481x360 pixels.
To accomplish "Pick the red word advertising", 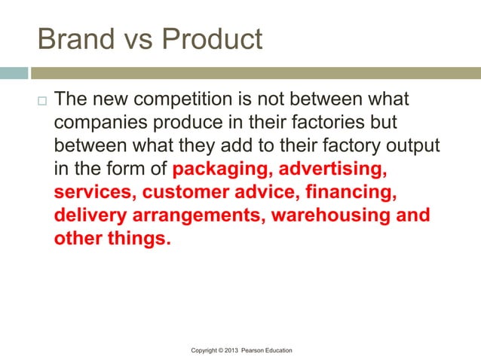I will pos(334,164).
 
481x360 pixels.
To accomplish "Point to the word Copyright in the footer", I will pos(208,351).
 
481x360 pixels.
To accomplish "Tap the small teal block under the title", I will pos(14,73).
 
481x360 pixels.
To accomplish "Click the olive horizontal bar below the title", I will pos(256,73).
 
